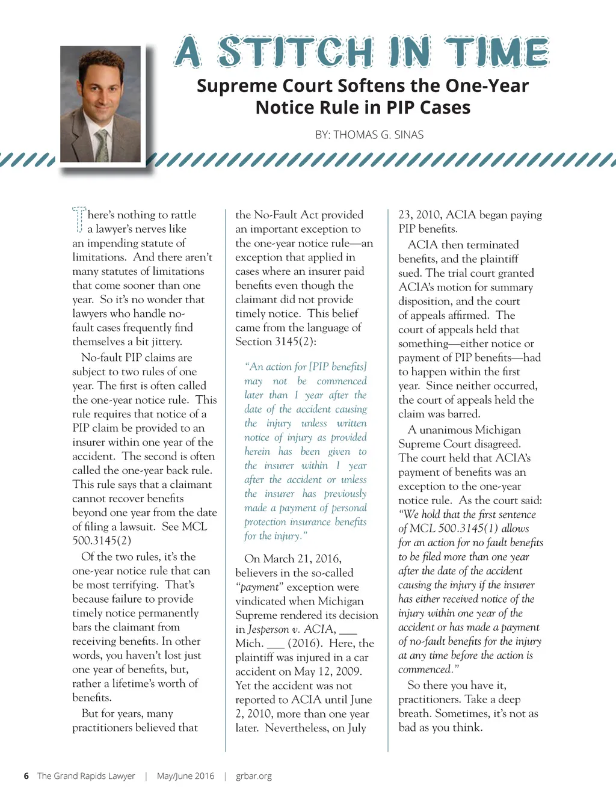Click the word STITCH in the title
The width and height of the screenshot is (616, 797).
coord(295,52)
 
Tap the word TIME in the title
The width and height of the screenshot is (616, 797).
coord(497,52)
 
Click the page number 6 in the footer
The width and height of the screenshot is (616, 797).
coord(26,776)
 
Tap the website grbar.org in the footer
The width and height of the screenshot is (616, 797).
coord(254,776)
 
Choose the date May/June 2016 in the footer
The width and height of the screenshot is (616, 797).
coord(185,776)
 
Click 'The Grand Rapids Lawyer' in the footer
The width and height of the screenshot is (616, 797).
coord(86,776)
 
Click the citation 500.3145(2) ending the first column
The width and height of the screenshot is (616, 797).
coord(102,540)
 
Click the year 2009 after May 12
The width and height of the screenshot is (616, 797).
coord(348,671)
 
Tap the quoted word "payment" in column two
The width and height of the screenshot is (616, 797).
coord(259,587)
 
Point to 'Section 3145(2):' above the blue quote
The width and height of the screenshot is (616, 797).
coord(276,342)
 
